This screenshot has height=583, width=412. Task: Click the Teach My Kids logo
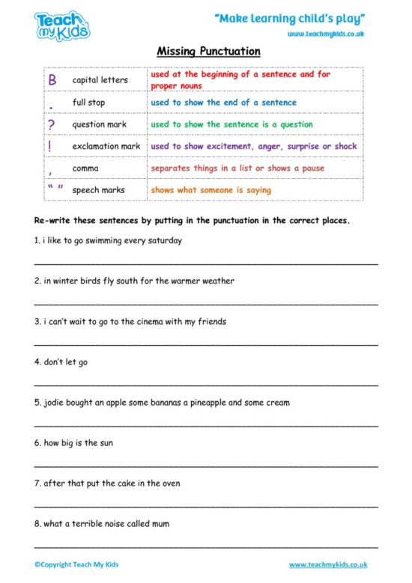62,25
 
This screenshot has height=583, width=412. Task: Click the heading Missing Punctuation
208,52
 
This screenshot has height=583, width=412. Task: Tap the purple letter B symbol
52,79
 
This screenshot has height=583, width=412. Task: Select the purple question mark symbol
51,124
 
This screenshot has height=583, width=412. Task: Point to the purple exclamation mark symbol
49,146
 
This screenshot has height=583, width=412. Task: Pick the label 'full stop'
89,103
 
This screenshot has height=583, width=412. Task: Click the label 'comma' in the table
85,168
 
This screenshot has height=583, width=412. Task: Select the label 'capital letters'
100,80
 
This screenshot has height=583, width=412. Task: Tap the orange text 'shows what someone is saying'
210,190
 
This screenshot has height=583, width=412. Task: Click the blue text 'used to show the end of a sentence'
223,103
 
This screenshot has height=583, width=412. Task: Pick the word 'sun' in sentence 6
106,443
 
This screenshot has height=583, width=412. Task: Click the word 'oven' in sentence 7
171,483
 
